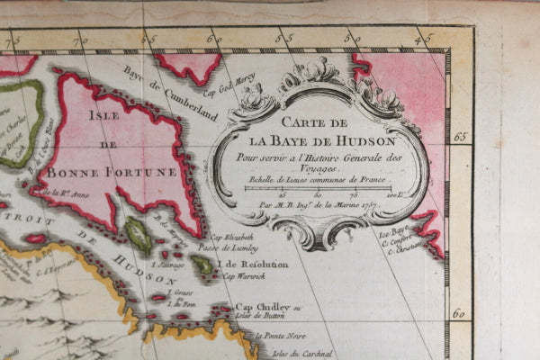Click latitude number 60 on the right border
459,314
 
